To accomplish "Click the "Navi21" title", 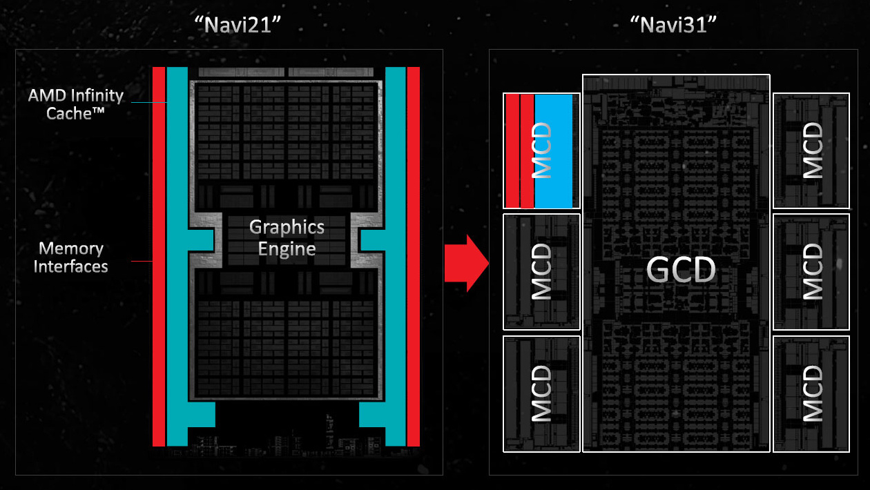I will (238, 26).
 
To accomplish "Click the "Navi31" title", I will (673, 26).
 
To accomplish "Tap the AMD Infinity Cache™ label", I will (76, 104).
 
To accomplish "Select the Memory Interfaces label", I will (71, 257).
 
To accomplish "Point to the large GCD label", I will (681, 270).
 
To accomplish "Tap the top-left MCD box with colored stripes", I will (541, 150).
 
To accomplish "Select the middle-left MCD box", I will (541, 271).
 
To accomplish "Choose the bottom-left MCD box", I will (541, 393).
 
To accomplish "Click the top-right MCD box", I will (811, 150).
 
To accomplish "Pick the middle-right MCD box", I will (811, 271).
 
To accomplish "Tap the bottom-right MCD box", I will (811, 393).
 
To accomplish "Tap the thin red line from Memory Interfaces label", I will (142, 261).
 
